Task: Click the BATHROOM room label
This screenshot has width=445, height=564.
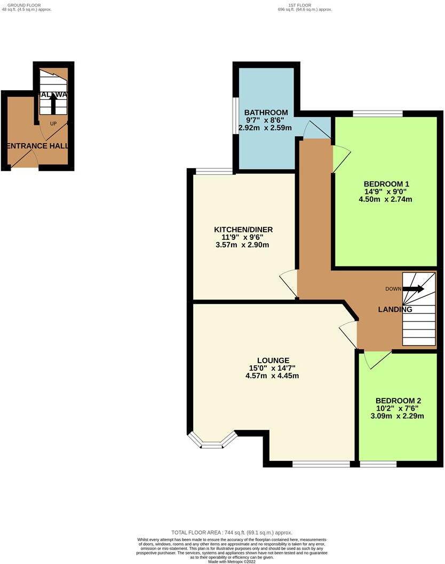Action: point(266,113)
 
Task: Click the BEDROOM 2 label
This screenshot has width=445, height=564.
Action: point(399,401)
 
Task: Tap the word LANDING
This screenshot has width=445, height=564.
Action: point(395,309)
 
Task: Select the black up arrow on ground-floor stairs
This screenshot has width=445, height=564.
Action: point(53,104)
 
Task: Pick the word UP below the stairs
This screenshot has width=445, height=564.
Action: point(53,124)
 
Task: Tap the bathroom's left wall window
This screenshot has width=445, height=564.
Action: point(235,115)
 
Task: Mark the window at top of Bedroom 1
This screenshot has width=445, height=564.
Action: point(378,113)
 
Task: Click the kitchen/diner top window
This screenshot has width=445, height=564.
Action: point(213,171)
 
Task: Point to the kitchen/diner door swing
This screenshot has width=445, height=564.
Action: point(289,281)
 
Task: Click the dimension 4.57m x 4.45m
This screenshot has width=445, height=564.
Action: point(272,375)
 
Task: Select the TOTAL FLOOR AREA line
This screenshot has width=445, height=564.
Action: point(232,532)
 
